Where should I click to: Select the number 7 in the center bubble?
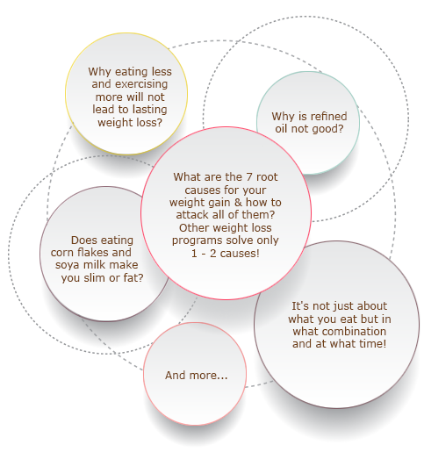pos(249,177)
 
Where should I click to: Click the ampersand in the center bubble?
pos(238,203)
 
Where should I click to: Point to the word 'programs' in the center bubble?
pos(194,240)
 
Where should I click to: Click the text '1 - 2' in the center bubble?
pos(204,253)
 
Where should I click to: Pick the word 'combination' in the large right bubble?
pos(354,331)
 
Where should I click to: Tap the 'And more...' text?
pos(196,375)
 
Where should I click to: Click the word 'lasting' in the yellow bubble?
pos(149,110)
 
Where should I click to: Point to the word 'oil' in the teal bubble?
pos(282,129)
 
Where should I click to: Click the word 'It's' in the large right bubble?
pos(300,306)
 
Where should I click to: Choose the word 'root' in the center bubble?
pos(267,177)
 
